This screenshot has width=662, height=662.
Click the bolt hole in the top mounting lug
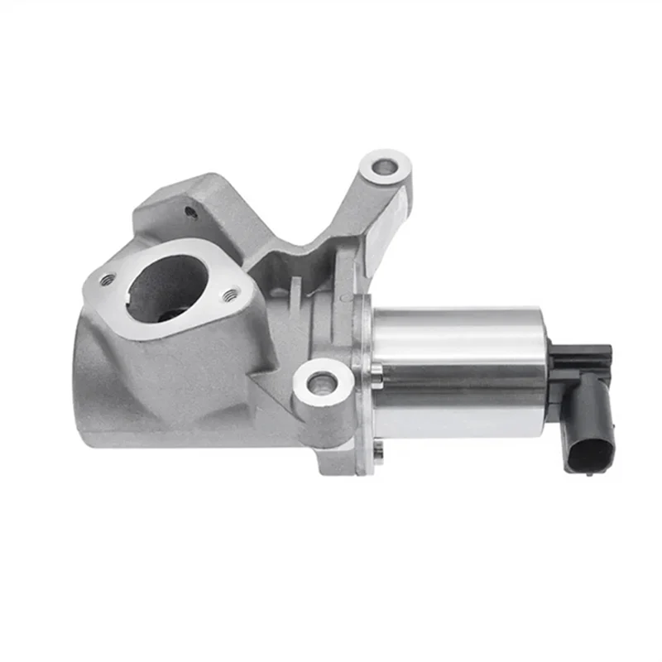tap(384, 168)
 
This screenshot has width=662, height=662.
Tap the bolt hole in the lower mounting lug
tap(322, 382)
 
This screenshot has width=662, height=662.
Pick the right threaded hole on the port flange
tap(233, 292)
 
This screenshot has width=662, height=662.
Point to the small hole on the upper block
tap(191, 212)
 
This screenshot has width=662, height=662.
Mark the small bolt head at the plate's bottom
tap(378, 451)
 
